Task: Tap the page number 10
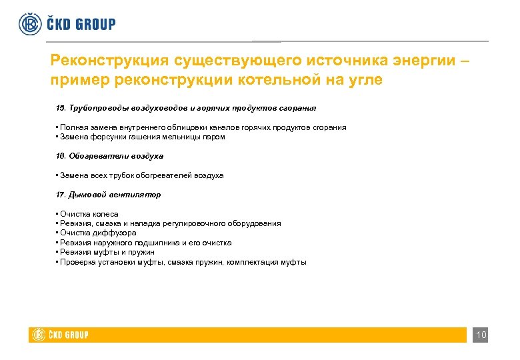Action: click(481, 335)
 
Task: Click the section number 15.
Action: click(60, 107)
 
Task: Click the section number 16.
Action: click(60, 156)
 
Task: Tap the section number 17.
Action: click(60, 195)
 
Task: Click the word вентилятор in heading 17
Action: click(137, 195)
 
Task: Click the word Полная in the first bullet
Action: click(71, 127)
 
